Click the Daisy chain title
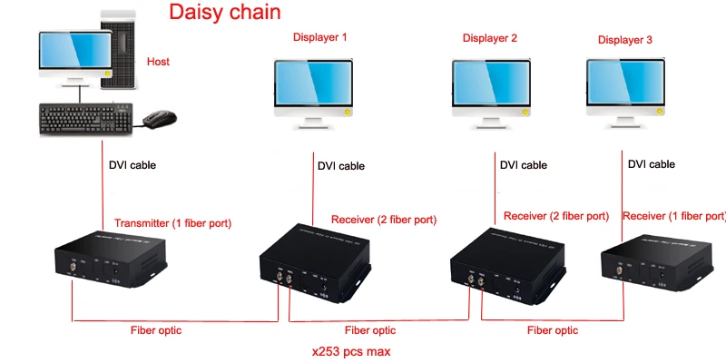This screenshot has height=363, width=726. [x=224, y=12]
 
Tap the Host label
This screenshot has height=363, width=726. [x=158, y=62]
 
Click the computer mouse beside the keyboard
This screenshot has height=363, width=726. [x=160, y=119]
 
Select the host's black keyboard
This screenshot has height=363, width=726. [x=85, y=119]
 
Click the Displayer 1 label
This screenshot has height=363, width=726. [x=319, y=37]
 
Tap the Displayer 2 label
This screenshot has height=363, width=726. [x=490, y=38]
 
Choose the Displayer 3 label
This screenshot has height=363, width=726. [x=625, y=40]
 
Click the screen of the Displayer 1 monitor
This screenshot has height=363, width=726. [x=313, y=83]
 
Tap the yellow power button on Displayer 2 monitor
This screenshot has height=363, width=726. [x=525, y=112]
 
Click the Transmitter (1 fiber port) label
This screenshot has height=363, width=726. [x=172, y=223]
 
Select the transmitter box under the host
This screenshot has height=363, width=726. [x=110, y=260]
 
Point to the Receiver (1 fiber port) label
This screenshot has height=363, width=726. [x=674, y=216]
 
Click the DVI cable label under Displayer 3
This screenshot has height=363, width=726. [x=652, y=164]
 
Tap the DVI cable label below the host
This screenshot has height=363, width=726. [x=132, y=165]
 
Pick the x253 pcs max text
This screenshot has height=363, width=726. [x=351, y=352]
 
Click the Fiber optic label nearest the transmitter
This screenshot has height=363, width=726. [x=156, y=330]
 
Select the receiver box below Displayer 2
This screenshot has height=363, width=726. [x=507, y=266]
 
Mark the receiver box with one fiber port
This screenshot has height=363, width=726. [x=657, y=262]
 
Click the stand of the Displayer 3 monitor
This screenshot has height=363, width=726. [x=624, y=123]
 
